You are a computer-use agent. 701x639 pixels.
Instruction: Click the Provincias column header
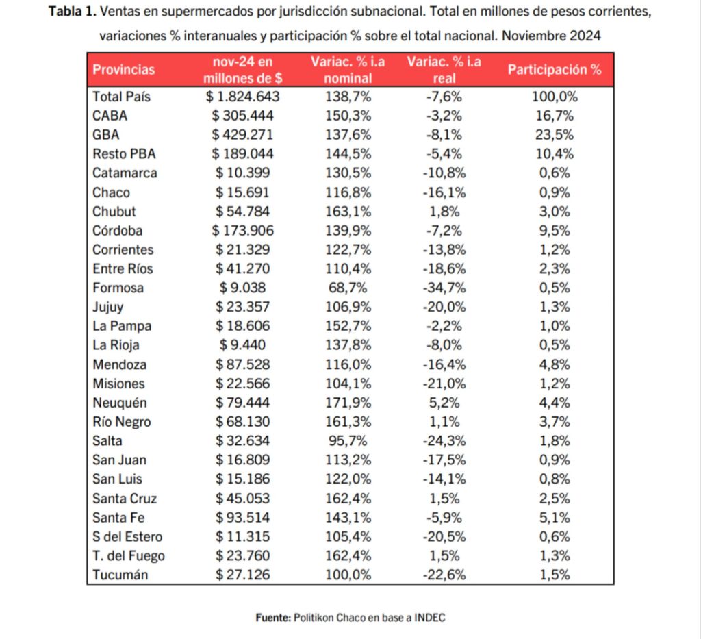pos(123,70)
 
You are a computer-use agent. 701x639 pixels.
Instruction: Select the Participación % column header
pos(555,70)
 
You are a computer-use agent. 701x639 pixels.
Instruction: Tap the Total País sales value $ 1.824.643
pos(243,97)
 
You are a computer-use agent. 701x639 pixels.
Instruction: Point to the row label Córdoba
pos(118,231)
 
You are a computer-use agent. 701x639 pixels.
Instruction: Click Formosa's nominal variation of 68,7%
pos(348,288)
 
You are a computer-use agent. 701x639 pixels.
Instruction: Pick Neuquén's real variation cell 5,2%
pos(444,403)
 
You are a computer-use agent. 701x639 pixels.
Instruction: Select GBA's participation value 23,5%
pos(555,135)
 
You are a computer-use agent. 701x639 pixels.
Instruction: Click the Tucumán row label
pos(120,575)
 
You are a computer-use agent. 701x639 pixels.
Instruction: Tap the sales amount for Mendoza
pos(243,365)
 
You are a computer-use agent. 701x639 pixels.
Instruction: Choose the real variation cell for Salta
pos(444,441)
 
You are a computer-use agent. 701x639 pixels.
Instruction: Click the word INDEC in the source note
pos(430,618)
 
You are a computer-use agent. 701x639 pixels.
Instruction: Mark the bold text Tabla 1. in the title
pos(73,12)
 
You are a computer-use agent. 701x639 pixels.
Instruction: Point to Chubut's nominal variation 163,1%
pos(348,212)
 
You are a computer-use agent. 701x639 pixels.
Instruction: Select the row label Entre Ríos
pos(123,268)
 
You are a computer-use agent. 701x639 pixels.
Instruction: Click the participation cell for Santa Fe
pos(555,518)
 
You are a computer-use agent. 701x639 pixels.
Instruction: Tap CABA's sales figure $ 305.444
pos(243,116)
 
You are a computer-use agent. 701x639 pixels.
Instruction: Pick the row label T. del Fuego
pos(129,556)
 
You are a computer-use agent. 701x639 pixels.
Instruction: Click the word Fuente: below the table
pos(273,618)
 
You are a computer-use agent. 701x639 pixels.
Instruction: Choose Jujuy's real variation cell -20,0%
pos(444,308)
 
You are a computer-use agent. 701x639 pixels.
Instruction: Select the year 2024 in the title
pos(585,36)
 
